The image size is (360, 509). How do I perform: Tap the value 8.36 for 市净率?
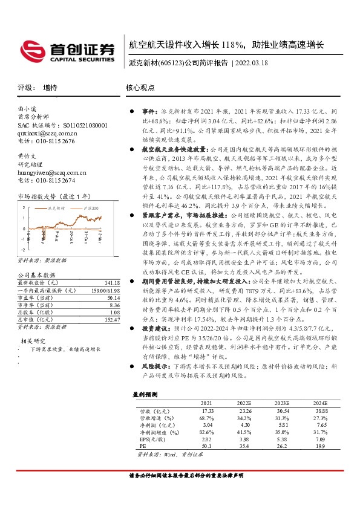pos(114,305)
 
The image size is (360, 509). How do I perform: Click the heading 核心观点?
pos(141,88)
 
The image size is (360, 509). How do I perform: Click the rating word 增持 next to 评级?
pos(50,88)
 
